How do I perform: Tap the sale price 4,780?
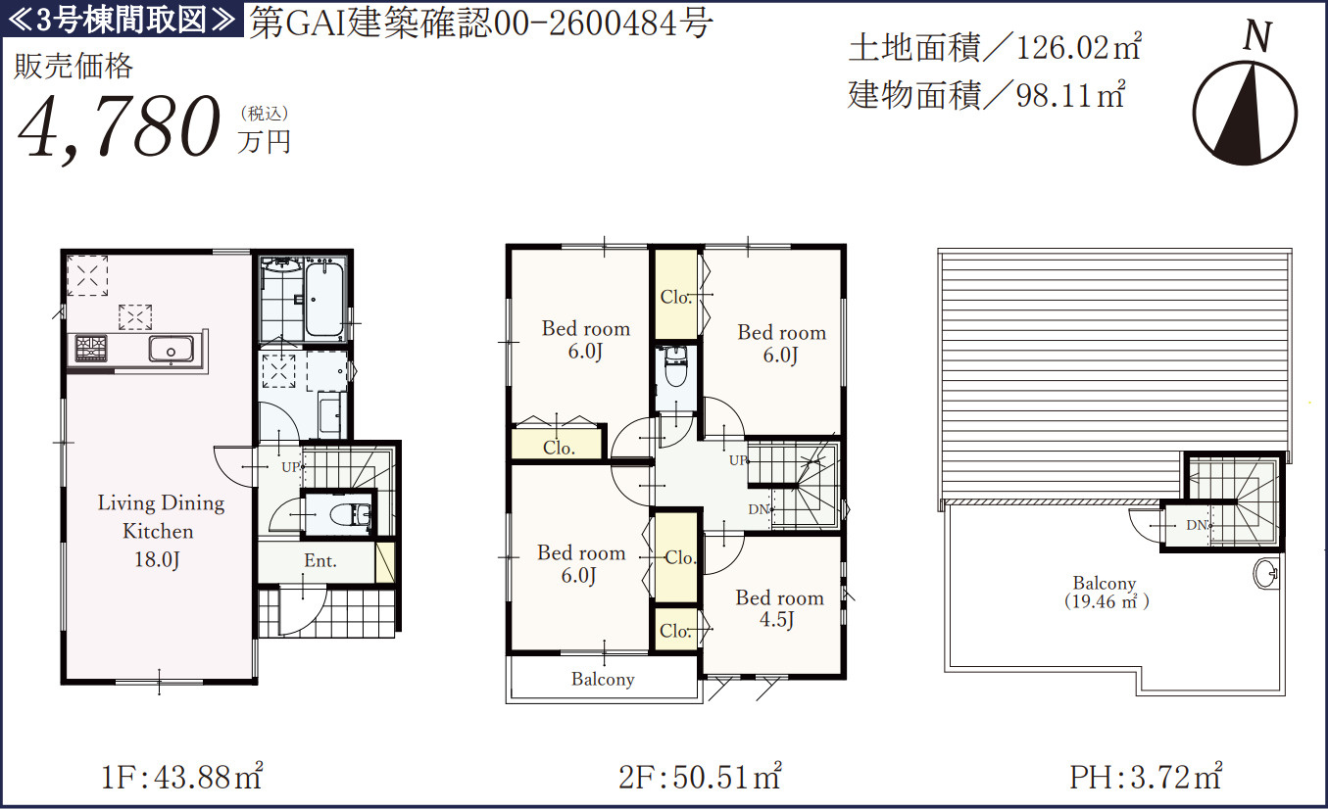tap(120, 128)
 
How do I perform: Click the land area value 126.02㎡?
tap(1079, 47)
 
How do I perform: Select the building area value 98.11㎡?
tap(1070, 95)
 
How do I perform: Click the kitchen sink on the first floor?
tap(171, 349)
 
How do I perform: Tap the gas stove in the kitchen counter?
tap(91, 348)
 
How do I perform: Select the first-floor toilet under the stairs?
tap(349, 514)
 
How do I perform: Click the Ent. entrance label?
tap(320, 560)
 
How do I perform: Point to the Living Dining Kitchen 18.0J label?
tap(161, 531)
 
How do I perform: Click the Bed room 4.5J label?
tap(779, 608)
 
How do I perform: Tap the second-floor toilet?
tap(675, 367)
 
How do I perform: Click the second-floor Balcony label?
tap(603, 679)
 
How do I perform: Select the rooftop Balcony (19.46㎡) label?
tap(1106, 593)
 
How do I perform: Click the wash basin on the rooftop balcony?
tap(1264, 573)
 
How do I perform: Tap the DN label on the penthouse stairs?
tap(1197, 525)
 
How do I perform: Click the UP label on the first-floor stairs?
tap(290, 467)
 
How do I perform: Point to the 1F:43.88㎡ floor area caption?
tap(181, 777)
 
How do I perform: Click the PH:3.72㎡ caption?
tap(1146, 777)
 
